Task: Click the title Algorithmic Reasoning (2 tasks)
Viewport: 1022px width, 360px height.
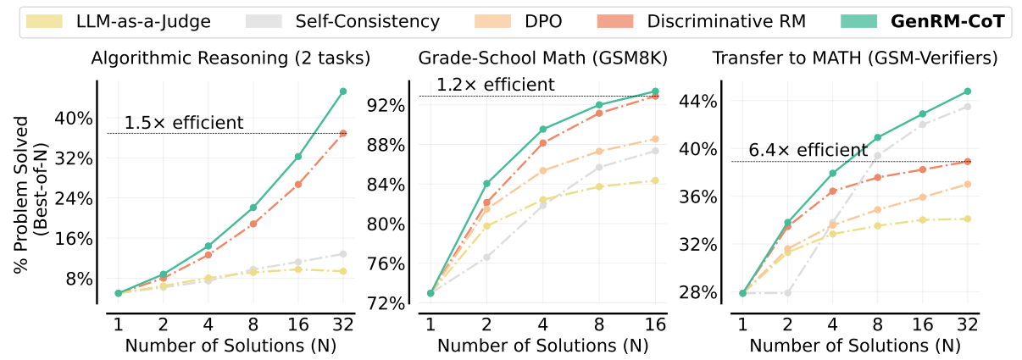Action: (231, 58)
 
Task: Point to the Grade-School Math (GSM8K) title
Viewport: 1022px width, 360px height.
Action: (542, 58)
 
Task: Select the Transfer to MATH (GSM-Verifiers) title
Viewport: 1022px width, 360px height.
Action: (854, 58)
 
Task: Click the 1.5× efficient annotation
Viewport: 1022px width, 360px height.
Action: (184, 123)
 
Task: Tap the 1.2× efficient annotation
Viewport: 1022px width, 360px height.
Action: (496, 85)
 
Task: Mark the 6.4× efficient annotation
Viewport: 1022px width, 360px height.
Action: (808, 151)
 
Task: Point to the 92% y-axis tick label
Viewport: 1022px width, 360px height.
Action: (386, 105)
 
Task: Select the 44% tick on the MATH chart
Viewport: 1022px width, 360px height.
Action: (698, 101)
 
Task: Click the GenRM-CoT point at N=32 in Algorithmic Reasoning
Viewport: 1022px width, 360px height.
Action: (343, 91)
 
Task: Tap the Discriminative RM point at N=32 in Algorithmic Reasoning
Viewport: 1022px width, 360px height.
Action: (343, 133)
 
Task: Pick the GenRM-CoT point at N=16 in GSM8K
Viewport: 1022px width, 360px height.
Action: (654, 91)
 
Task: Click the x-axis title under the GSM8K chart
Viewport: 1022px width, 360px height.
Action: (542, 346)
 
